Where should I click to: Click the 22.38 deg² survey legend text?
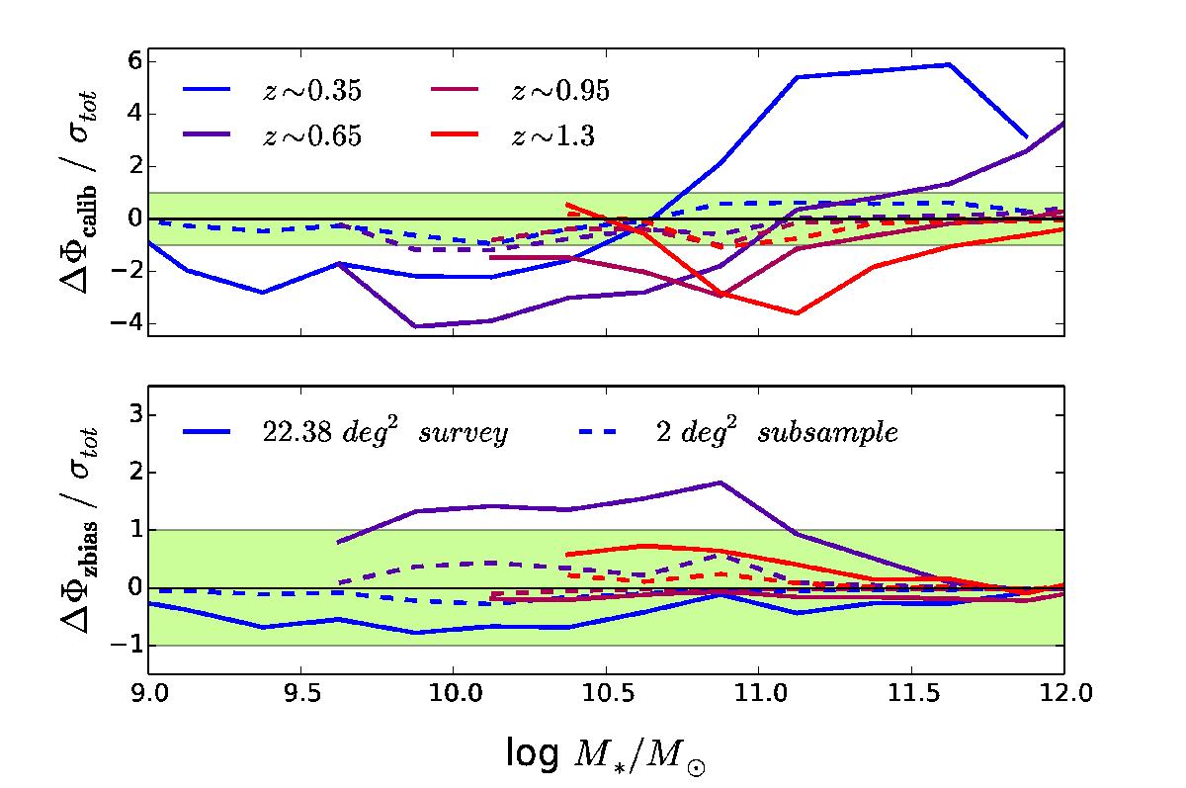pos(380,432)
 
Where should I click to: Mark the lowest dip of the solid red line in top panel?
pos(797,313)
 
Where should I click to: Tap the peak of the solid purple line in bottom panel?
pos(720,482)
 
